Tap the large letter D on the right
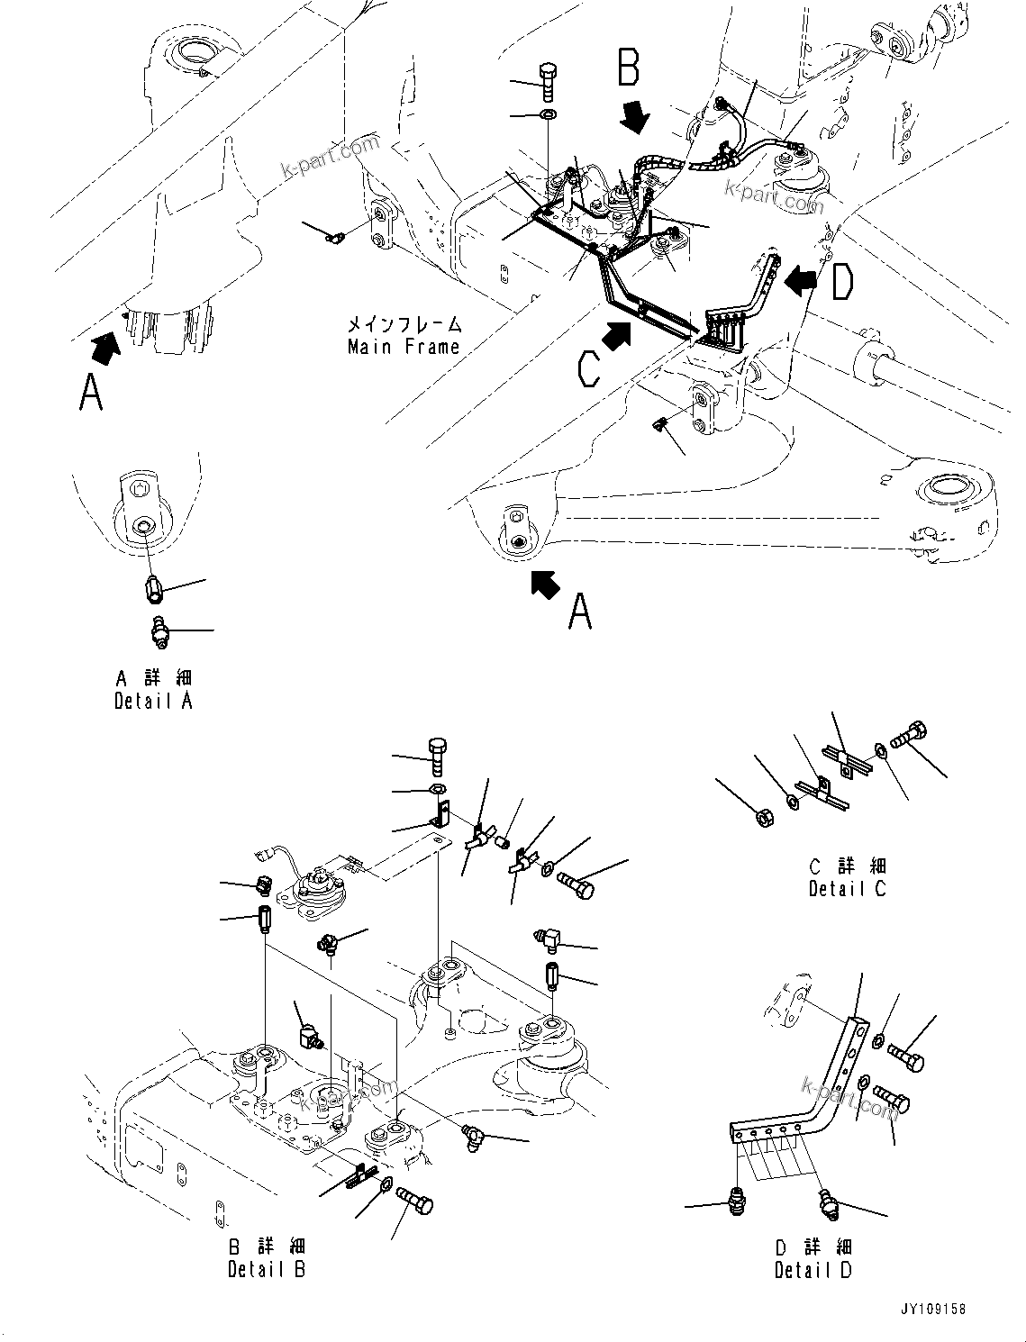841,282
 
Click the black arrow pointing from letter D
800,281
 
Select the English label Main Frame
404,347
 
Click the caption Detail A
153,701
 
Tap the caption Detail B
267,1269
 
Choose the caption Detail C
847,889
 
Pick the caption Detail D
813,1270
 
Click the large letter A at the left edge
91,393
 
